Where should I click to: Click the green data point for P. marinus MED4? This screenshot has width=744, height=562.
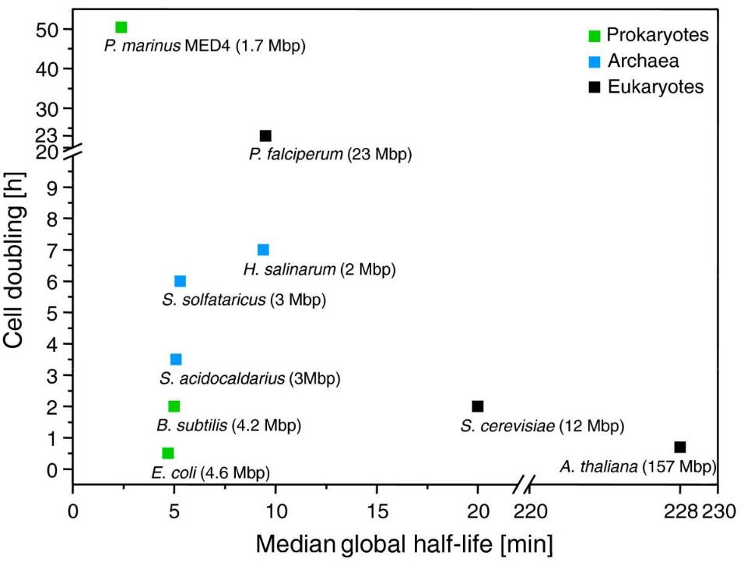[121, 27]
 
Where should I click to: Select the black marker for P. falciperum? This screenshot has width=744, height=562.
[265, 136]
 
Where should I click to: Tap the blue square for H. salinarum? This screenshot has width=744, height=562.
[263, 250]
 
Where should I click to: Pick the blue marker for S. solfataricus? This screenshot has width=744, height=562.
[180, 281]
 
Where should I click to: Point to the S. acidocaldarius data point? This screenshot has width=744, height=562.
[176, 360]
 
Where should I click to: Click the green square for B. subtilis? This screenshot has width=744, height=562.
[174, 406]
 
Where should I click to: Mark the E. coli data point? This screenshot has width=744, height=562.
[167, 453]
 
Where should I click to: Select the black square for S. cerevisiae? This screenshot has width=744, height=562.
[478, 406]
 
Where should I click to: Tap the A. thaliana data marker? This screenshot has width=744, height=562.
[680, 447]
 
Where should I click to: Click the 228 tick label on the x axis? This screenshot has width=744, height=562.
[680, 512]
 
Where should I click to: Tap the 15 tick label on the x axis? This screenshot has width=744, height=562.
[377, 512]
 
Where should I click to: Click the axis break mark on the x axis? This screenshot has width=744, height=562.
[523, 488]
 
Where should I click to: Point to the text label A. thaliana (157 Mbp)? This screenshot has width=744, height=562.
[637, 466]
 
